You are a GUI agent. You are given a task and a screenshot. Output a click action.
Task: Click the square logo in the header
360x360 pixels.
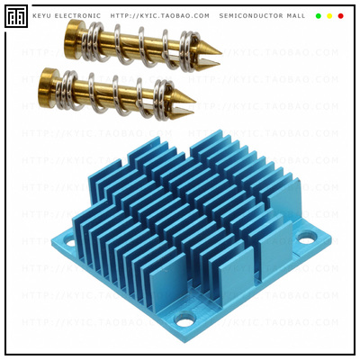tap(16, 15)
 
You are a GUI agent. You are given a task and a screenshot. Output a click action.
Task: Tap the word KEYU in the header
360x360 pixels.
tap(43, 16)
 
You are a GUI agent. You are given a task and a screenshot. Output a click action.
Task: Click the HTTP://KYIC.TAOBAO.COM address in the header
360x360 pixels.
tap(159, 16)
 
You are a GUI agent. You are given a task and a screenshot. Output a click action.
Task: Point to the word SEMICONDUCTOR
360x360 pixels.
tap(251, 16)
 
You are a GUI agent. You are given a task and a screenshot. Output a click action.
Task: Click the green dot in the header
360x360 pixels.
tap(319, 16)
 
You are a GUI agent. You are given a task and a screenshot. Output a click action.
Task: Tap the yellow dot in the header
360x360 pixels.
tap(329, 16)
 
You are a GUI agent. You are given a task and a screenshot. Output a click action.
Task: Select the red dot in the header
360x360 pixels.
tap(340, 16)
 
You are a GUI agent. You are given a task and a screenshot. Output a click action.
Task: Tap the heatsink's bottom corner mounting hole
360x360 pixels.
tap(185, 319)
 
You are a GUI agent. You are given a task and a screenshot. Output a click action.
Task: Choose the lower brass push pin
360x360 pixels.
tap(117, 94)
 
